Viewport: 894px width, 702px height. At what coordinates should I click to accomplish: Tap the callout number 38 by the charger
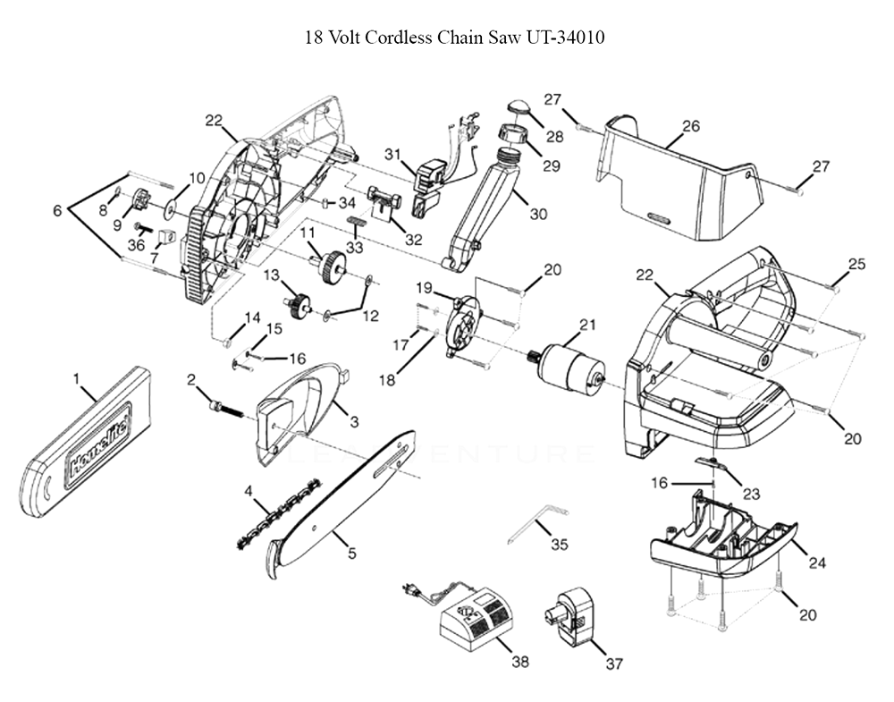coord(519,662)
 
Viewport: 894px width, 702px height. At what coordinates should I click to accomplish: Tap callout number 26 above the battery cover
coord(690,126)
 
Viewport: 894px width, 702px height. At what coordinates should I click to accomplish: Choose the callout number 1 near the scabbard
coord(78,378)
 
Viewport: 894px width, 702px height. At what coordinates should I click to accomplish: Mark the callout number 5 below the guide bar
coord(351,554)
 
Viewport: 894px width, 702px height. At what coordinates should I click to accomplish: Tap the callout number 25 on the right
coord(856,265)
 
